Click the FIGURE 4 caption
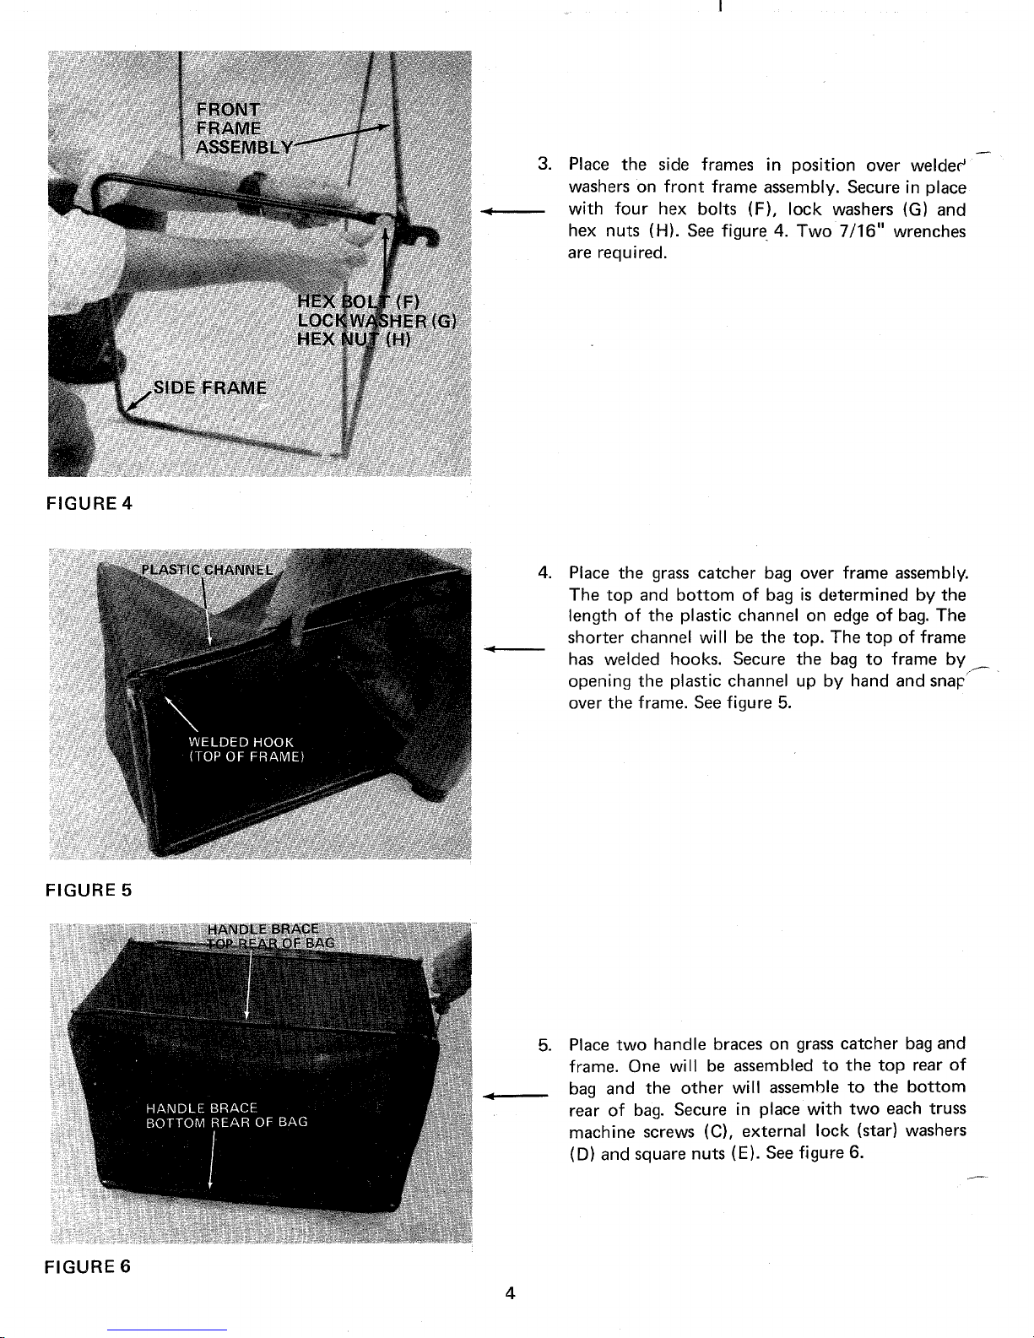point(89,504)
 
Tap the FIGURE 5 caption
point(89,890)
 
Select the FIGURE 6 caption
point(88,1266)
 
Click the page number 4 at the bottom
point(510,1293)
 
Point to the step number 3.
point(544,164)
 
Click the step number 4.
point(544,572)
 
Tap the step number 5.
point(544,1045)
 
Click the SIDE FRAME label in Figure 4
point(210,388)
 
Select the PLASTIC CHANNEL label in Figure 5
point(207,570)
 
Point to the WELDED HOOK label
point(241,742)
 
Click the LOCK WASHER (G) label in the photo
point(376,321)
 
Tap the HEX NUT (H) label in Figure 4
point(354,339)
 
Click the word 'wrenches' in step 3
point(929,231)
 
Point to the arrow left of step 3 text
point(512,212)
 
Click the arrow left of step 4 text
point(514,648)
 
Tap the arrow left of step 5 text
point(515,1096)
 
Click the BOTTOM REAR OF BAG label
point(226,1122)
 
